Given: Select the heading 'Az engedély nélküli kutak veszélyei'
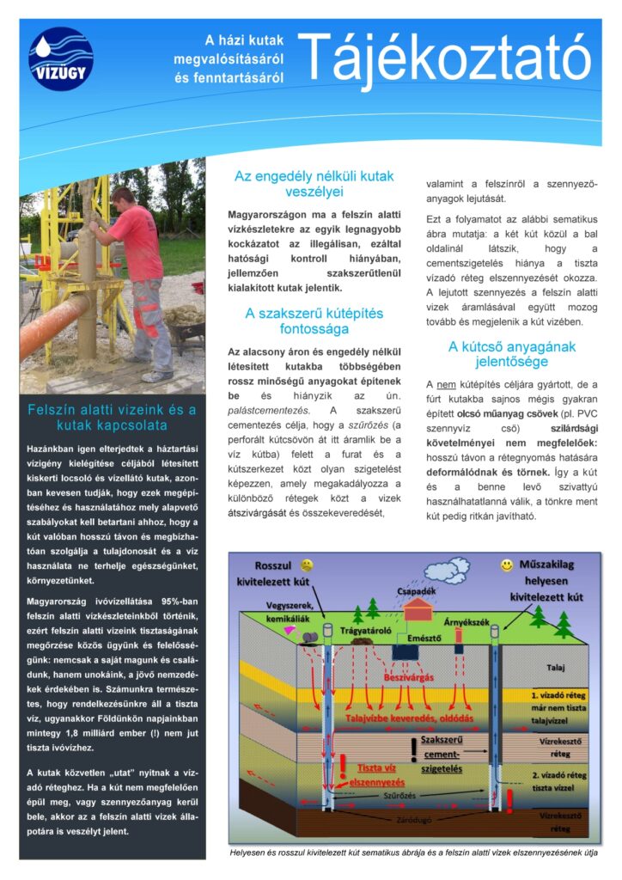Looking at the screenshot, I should coord(314,184).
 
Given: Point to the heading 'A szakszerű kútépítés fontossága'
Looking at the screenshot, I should coord(314,321).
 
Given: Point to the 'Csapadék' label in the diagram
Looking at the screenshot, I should coord(417,591).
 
